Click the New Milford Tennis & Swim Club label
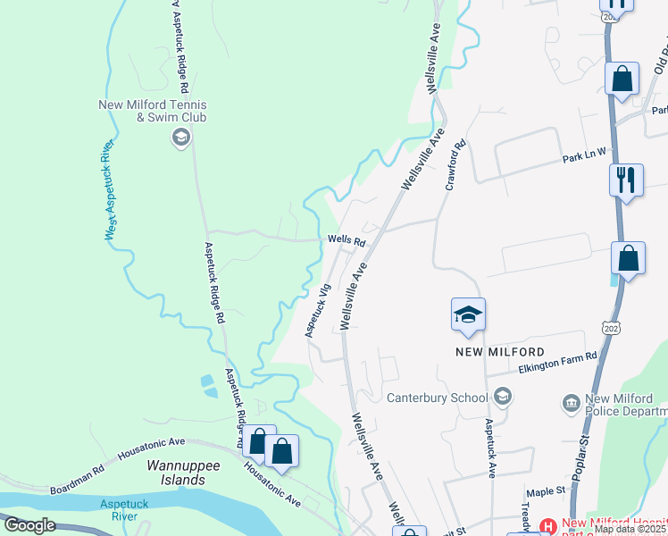click(x=153, y=110)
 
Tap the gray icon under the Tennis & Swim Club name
click(x=180, y=136)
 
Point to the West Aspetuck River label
click(x=111, y=189)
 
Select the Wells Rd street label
click(x=347, y=241)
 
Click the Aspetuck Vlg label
click(x=318, y=310)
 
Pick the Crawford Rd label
click(x=454, y=163)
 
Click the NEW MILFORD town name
click(x=500, y=352)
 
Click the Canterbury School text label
click(x=438, y=398)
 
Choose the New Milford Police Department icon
click(x=570, y=404)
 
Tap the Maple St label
click(x=546, y=490)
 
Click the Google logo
click(x=29, y=525)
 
